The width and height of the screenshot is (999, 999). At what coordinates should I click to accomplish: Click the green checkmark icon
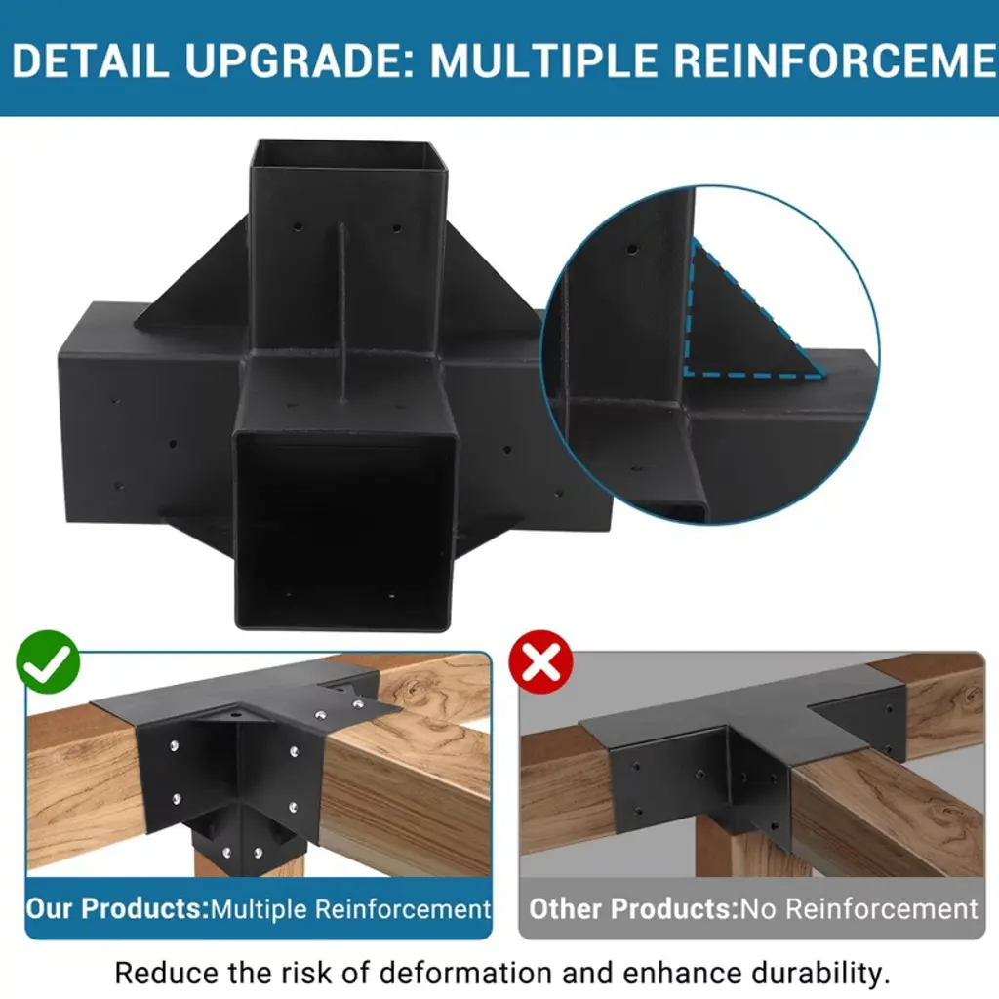point(48,662)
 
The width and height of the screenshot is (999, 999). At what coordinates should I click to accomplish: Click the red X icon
point(540,662)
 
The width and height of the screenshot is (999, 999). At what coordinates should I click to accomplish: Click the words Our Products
point(117,909)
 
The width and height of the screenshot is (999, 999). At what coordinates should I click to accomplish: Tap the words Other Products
point(633,909)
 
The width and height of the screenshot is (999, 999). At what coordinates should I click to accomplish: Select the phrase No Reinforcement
point(859,909)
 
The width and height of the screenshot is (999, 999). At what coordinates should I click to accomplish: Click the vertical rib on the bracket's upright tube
point(342,313)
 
